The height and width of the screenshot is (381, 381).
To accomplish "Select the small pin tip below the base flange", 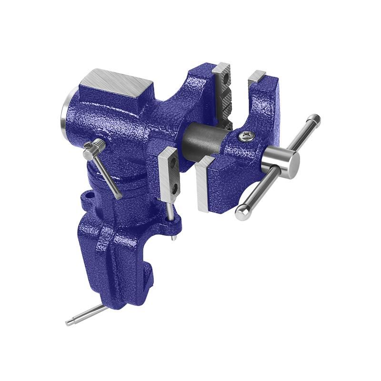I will coord(176,237).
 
